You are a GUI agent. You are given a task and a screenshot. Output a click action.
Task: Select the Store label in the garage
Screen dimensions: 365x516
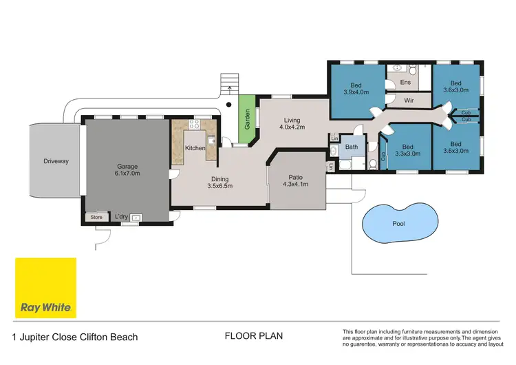pos(96,218)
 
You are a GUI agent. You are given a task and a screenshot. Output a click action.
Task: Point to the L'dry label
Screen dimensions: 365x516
pos(122,218)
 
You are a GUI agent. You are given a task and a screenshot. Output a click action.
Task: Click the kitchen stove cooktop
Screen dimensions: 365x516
pos(193,125)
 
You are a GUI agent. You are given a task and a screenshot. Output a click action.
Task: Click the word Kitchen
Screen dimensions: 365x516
pos(195,148)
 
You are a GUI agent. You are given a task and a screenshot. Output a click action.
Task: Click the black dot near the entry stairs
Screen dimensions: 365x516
pos(229,105)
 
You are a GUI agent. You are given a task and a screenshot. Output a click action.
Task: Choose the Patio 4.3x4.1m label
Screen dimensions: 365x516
pos(297,181)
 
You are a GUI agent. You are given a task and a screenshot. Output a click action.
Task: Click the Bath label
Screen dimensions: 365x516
pos(352,147)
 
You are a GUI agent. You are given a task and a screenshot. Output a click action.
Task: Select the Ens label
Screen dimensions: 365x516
pos(405,83)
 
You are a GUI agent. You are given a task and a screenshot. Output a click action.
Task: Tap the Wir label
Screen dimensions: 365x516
pos(407,100)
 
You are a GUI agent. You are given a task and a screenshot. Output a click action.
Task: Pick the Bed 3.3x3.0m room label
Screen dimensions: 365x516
pos(407,150)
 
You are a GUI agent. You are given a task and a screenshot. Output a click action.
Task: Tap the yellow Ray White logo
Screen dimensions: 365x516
pos(45,288)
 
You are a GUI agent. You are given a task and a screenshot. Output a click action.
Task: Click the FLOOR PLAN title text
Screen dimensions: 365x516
pos(254,336)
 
